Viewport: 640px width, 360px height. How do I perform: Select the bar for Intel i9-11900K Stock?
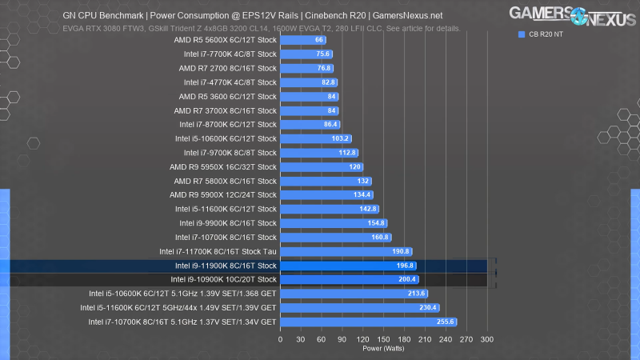[348, 266]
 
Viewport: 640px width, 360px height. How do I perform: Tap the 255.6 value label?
[446, 322]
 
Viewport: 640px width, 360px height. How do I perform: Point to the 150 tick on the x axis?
[383, 339]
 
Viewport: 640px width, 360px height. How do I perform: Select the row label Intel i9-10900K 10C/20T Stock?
[223, 279]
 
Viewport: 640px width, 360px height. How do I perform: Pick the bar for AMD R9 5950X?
[321, 167]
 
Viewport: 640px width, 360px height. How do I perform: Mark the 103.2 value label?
[342, 138]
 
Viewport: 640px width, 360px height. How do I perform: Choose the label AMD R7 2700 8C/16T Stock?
[228, 68]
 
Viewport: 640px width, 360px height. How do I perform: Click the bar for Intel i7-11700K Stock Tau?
[346, 251]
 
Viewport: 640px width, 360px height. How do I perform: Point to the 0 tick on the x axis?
[280, 339]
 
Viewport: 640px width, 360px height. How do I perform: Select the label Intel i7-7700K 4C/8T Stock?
[230, 54]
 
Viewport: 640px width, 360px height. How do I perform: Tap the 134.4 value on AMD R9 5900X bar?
[363, 195]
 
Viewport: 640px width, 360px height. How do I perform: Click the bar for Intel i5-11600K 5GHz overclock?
[359, 307]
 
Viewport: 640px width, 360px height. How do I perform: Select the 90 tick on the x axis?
[342, 339]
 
